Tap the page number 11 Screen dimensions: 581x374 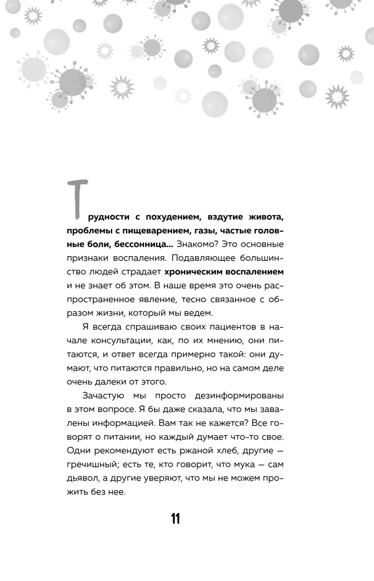[175, 519]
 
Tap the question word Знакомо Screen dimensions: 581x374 [195, 245]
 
